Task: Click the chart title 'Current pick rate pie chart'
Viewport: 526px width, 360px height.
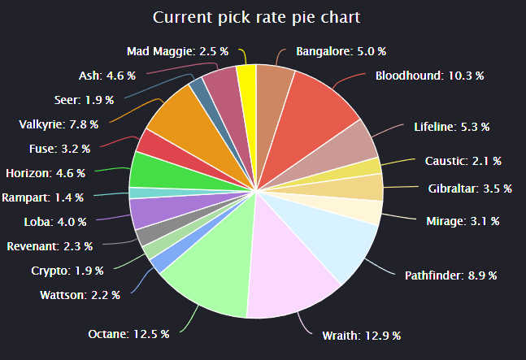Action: coord(256,17)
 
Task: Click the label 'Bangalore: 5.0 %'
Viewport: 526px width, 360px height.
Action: coord(341,52)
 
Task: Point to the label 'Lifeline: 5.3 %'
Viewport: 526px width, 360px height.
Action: coord(451,127)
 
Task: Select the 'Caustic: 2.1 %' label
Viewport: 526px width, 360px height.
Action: coord(463,161)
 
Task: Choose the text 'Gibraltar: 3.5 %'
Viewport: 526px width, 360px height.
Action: coord(470,189)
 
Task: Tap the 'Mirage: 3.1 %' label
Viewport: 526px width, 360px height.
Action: coord(463,221)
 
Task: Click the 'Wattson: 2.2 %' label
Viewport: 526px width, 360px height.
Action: coord(80,295)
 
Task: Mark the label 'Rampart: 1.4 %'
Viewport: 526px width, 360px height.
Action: coord(42,197)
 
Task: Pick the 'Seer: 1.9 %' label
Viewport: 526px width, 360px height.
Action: coord(84,100)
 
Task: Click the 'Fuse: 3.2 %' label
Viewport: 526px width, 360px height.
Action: coord(59,149)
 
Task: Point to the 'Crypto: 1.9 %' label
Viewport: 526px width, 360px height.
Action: coord(67,271)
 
